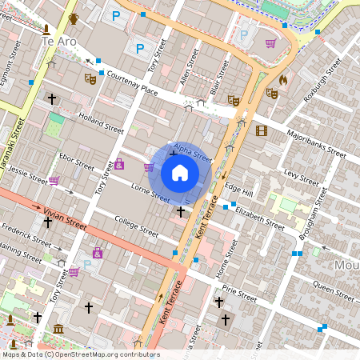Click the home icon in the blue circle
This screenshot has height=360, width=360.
pyautogui.click(x=179, y=173)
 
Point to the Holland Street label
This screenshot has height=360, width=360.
pyautogui.click(x=102, y=122)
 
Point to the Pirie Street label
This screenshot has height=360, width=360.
pyautogui.click(x=238, y=292)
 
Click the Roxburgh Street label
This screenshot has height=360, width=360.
pyautogui.click(x=322, y=88)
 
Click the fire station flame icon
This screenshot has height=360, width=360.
pyautogui.click(x=282, y=80)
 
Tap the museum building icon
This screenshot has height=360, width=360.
pyautogui.click(x=58, y=329)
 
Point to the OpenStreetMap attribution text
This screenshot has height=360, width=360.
pyautogui.click(x=80, y=354)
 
